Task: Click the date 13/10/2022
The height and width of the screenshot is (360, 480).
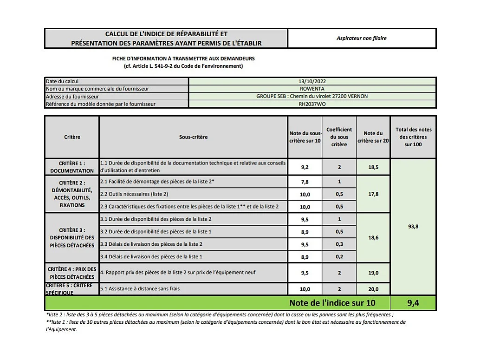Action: point(312,81)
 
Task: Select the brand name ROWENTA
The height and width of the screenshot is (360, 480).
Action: point(312,89)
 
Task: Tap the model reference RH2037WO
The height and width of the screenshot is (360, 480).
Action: point(312,104)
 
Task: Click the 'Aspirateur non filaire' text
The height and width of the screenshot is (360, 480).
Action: point(362,38)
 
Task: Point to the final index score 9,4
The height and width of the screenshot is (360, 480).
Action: point(413,303)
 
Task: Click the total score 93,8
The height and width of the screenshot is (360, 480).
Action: point(413,227)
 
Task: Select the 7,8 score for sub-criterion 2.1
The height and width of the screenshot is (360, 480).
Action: point(305,182)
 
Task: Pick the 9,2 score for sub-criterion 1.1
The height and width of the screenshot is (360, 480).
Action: point(305,166)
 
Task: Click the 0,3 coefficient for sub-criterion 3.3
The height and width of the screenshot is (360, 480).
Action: point(339,244)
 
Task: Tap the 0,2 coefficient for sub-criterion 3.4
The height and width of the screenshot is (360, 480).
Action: point(339,256)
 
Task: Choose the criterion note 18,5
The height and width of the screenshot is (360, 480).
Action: point(373,166)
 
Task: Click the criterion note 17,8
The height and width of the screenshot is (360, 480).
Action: point(373,194)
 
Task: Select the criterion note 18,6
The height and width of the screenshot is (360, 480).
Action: point(373,237)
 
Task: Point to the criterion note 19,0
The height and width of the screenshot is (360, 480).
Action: point(373,273)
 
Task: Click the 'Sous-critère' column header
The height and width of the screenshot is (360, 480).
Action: point(193,137)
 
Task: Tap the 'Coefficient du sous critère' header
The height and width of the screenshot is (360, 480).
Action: point(339,137)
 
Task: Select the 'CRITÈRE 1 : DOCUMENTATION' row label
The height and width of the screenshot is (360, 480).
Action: point(72,167)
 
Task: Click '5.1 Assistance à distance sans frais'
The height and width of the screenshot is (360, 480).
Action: point(140,288)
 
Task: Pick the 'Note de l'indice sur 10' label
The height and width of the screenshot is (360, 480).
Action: point(332,303)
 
